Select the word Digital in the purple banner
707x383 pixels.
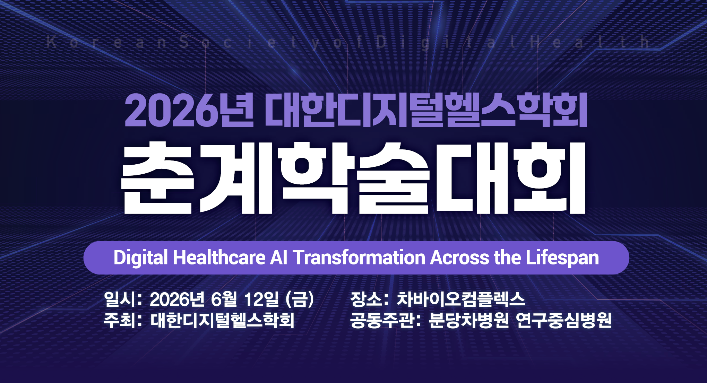click(141, 258)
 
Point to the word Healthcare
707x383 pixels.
click(219, 258)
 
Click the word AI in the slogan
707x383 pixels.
click(279, 258)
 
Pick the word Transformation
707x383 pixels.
click(359, 258)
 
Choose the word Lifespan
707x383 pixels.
click(562, 258)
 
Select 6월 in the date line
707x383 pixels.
click(224, 299)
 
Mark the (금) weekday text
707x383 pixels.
click(300, 299)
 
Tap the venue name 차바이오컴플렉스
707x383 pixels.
click(461, 299)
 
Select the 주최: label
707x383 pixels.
click(123, 320)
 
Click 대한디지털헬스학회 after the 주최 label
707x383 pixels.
click(222, 320)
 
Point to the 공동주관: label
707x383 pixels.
click(386, 320)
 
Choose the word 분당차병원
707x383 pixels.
click(469, 320)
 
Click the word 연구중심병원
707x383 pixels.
click(564, 320)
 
